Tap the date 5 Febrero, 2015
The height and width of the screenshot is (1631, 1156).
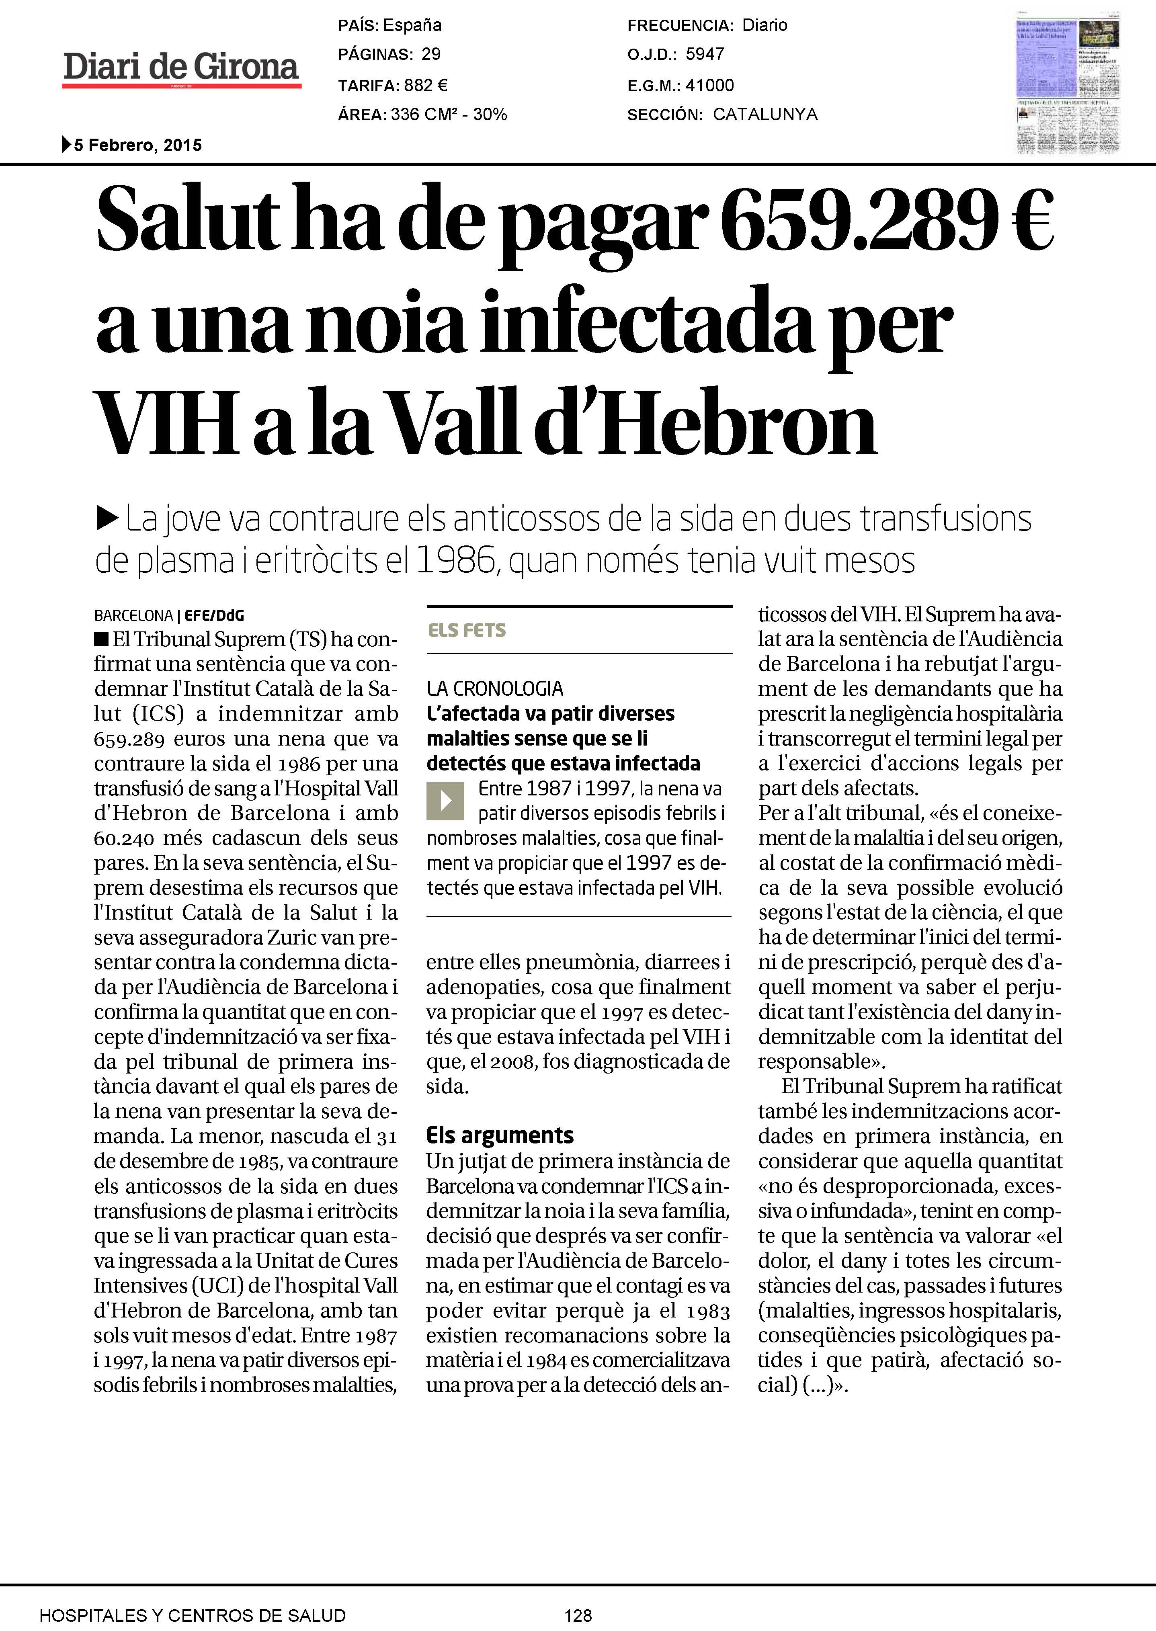(x=137, y=145)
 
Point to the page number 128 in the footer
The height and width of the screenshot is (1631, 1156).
(x=578, y=1615)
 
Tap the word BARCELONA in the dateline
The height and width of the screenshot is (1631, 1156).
(x=133, y=615)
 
